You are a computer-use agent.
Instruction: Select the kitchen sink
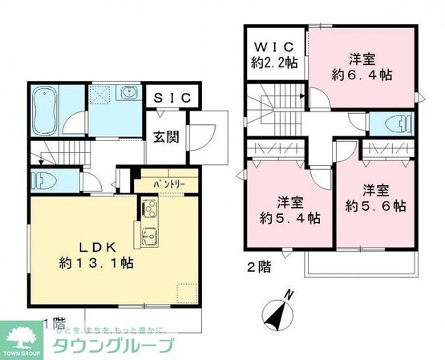(149, 237)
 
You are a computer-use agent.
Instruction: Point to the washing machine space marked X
(103, 94)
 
